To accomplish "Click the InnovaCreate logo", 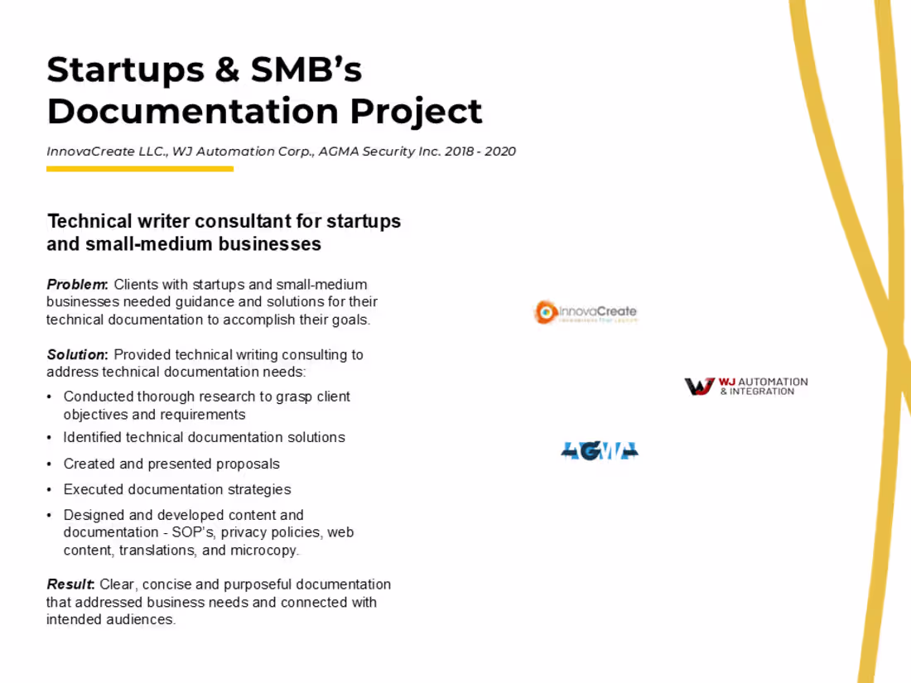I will (x=586, y=312).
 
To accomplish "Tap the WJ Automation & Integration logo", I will (x=745, y=386).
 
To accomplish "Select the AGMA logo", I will (x=600, y=450).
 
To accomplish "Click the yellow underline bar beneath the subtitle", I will (x=139, y=169).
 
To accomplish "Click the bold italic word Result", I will (x=70, y=584).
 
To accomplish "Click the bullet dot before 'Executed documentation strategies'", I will (x=51, y=490).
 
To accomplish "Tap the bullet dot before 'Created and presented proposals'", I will (x=51, y=464).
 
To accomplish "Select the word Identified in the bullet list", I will (x=92, y=437).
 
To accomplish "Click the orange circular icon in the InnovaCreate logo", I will (x=546, y=312).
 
